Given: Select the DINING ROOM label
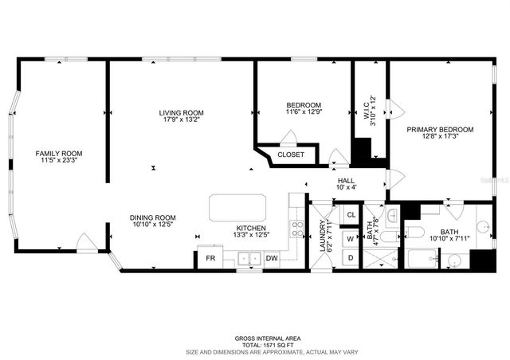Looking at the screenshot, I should tap(153, 217).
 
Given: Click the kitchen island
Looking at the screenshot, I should tap(238, 207).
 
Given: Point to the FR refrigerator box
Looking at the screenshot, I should tap(210, 258).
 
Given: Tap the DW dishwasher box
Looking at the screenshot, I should tap(271, 258).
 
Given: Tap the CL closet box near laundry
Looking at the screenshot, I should tap(351, 214).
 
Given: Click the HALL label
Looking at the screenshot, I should tap(346, 182).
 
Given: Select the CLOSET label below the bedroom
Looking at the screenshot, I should tap(291, 155).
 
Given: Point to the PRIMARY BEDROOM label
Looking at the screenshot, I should tap(440, 129).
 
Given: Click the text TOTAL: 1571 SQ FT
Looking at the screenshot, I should tap(256, 344).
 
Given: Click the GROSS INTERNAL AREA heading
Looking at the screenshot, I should tap(256, 338).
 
